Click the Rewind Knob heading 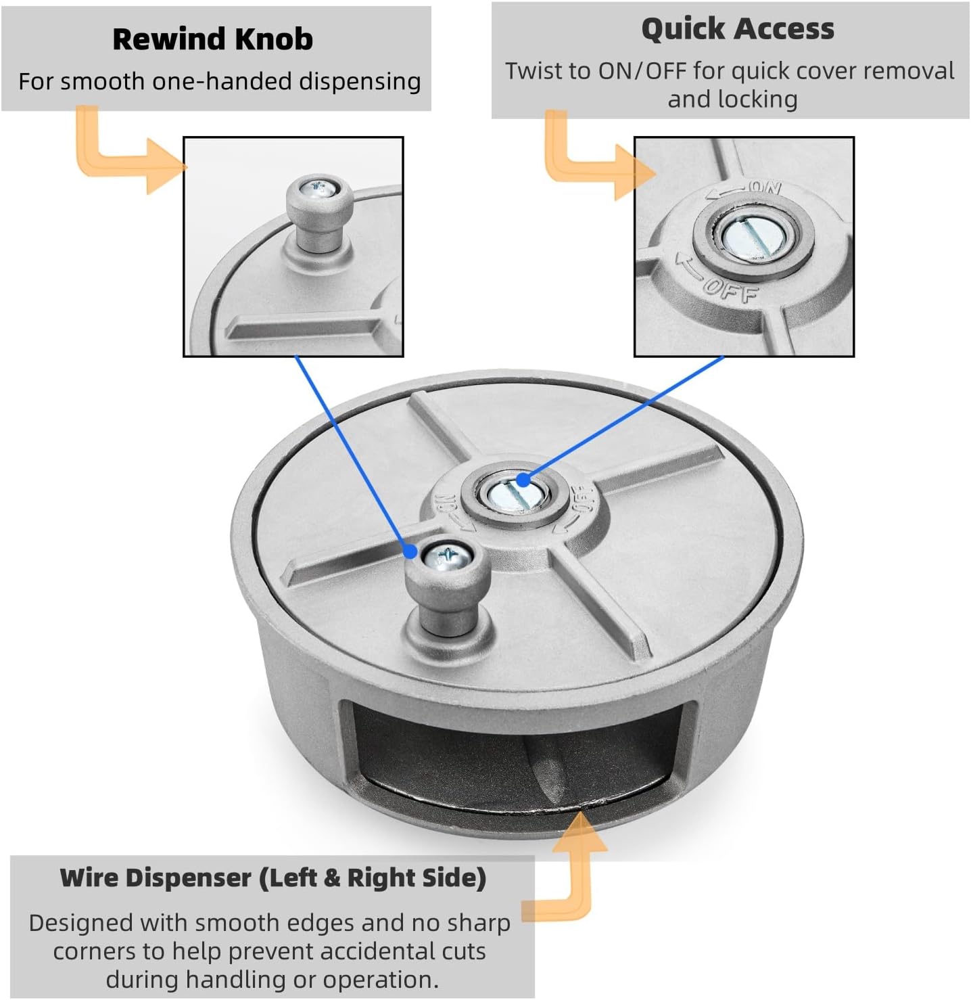(x=212, y=39)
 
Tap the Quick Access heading (x=737, y=29)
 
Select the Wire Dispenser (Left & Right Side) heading (x=273, y=878)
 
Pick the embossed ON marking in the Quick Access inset (x=764, y=187)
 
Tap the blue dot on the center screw (x=522, y=480)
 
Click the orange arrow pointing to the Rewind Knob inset (x=128, y=156)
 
